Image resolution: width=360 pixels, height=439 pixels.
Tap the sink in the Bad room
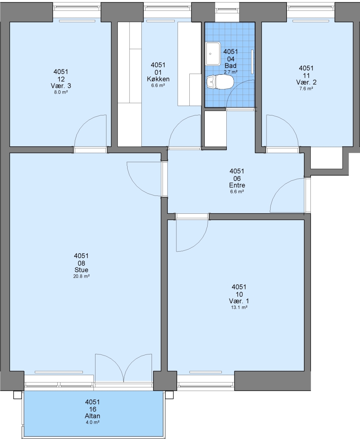(x=214, y=54)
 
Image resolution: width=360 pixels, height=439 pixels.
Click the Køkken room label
(x=158, y=79)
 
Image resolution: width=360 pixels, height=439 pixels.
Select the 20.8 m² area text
(x=81, y=276)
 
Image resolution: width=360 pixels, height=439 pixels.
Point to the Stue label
(x=81, y=270)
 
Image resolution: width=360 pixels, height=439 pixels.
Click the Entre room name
(x=237, y=185)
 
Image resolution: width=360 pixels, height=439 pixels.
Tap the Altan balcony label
(x=92, y=416)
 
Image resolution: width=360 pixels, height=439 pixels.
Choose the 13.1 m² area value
(x=239, y=307)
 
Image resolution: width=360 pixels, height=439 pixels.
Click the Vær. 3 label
(x=61, y=86)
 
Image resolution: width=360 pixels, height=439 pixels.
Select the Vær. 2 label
(x=306, y=82)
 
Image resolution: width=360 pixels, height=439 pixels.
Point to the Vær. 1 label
(x=239, y=301)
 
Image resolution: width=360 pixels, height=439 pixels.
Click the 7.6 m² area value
(x=306, y=89)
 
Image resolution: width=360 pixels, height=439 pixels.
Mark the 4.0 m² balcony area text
(x=92, y=422)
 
